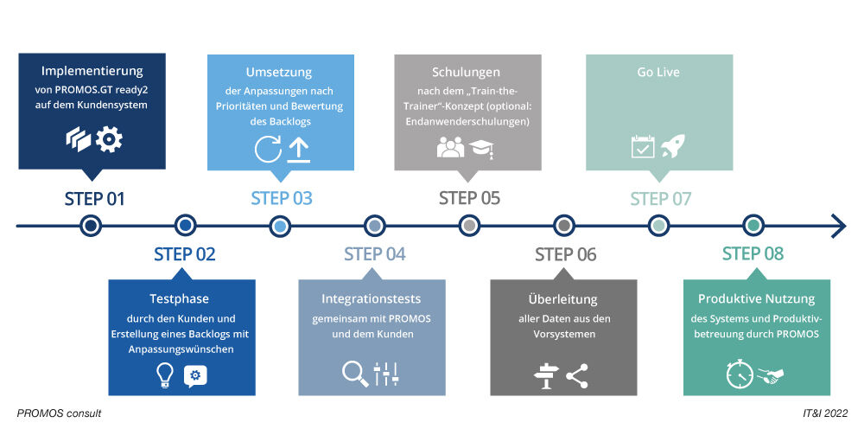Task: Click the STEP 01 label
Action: pyautogui.click(x=94, y=199)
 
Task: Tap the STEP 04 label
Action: pyautogui.click(x=374, y=254)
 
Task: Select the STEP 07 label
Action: pyautogui.click(x=660, y=199)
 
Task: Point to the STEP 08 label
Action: pyautogui.click(x=753, y=254)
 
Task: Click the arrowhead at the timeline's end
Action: pyautogui.click(x=837, y=226)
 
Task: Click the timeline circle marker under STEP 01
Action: pyautogui.click(x=91, y=226)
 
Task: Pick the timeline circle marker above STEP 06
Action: pyautogui.click(x=563, y=226)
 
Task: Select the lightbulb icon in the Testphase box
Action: pyautogui.click(x=164, y=375)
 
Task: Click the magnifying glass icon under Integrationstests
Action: pyautogui.click(x=354, y=373)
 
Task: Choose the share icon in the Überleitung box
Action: pyautogui.click(x=576, y=375)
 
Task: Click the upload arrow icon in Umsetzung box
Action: pyautogui.click(x=298, y=149)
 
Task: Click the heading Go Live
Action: pyautogui.click(x=658, y=73)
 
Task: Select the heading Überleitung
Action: pyautogui.click(x=562, y=299)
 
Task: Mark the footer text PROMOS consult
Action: pyautogui.click(x=59, y=413)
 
